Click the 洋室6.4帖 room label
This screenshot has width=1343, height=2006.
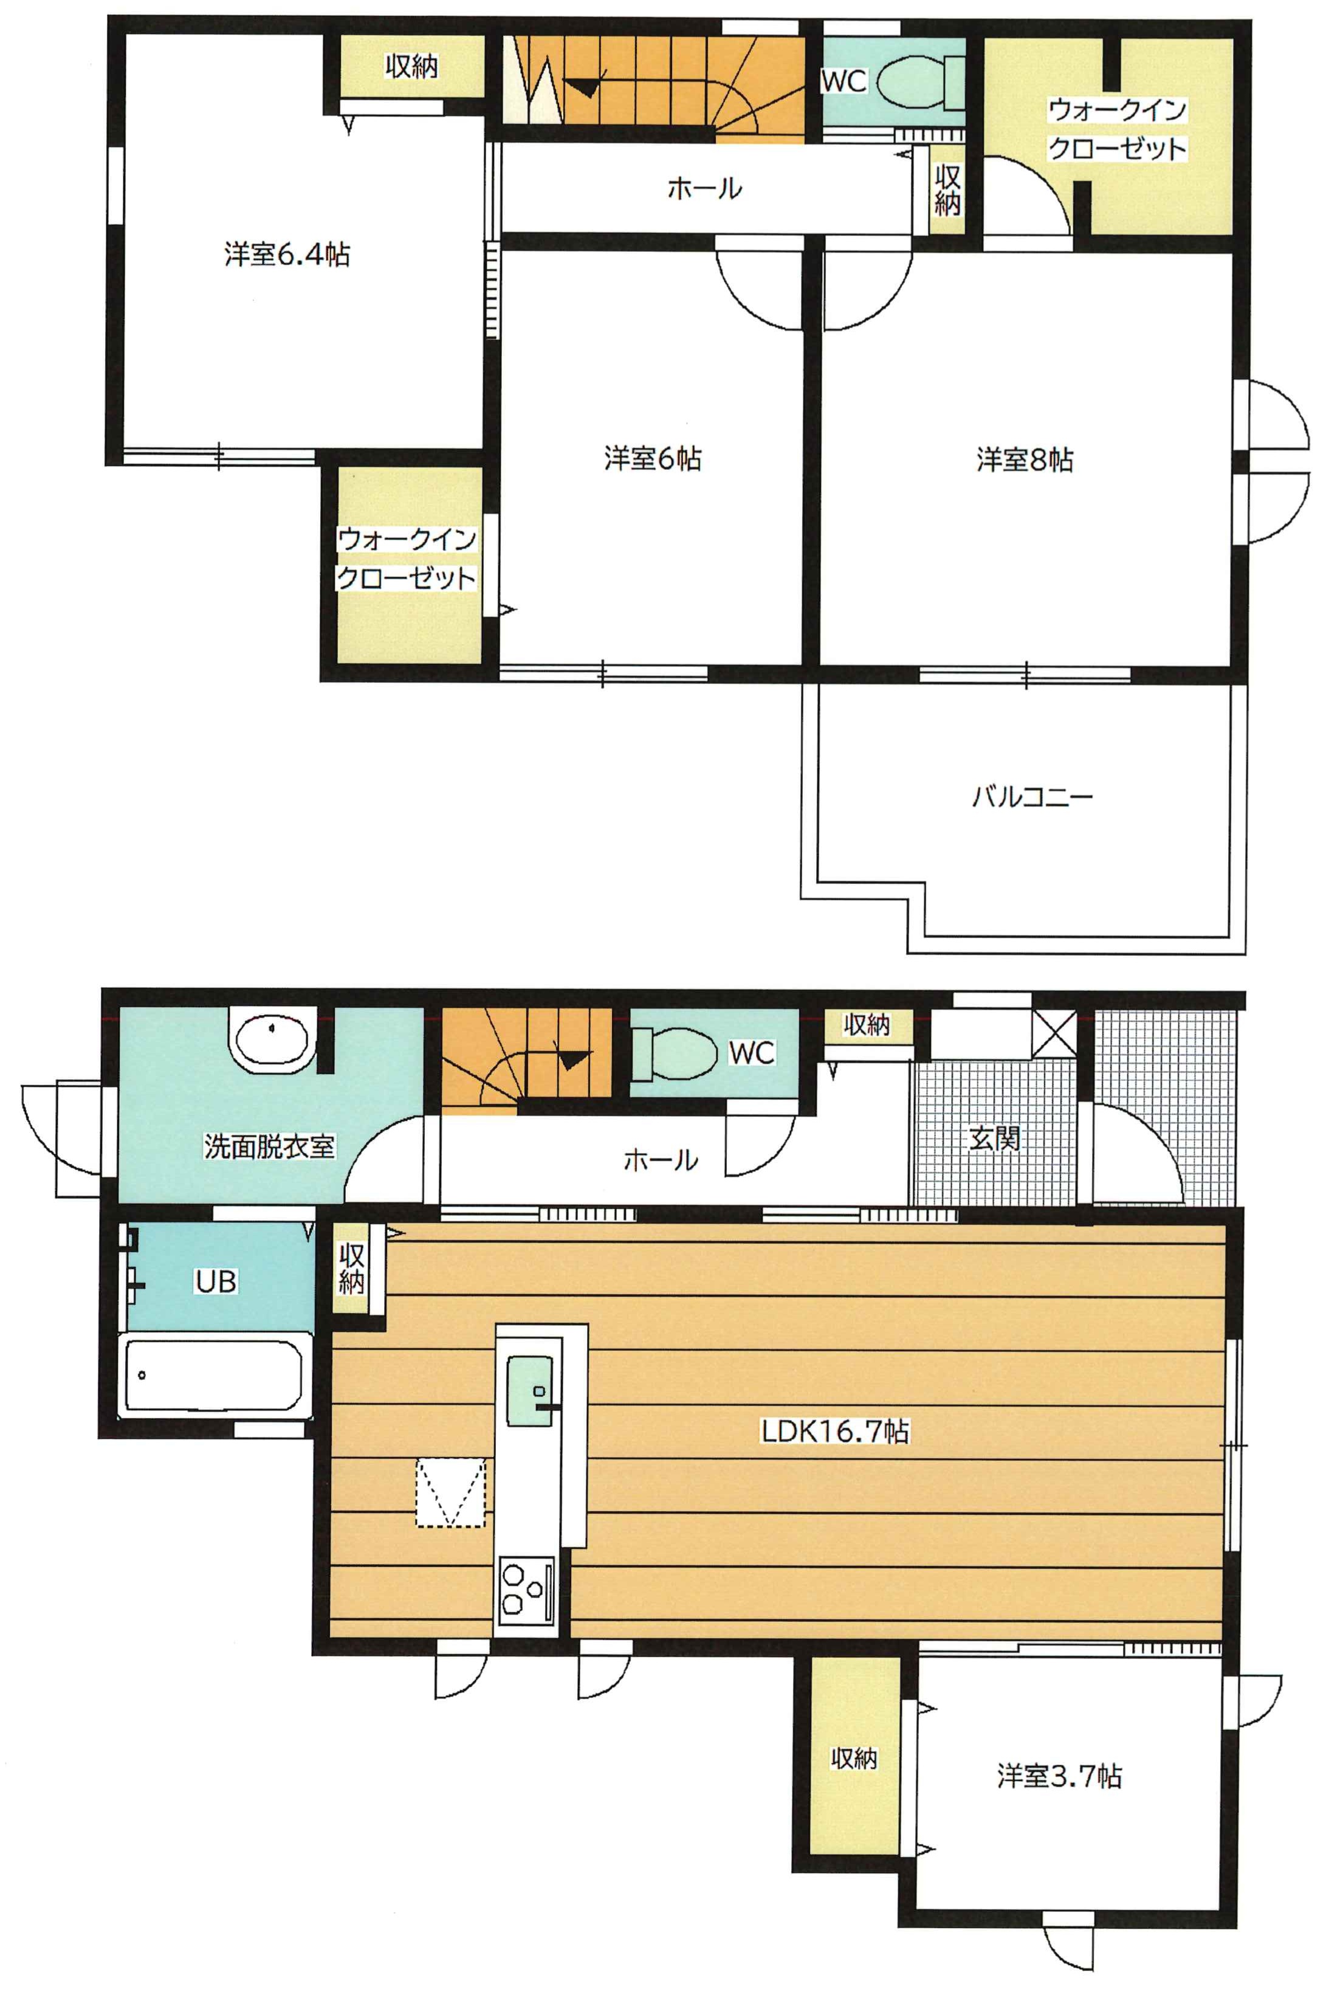tap(287, 254)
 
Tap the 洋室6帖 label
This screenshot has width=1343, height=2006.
tap(653, 459)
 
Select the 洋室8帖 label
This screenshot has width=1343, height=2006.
tap(1025, 460)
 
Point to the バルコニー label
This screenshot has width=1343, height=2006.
tap(1032, 796)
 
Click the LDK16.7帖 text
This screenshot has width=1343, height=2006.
tap(835, 1432)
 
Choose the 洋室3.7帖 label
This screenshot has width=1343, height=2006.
tap(1059, 1776)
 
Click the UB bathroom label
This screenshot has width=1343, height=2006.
tap(215, 1281)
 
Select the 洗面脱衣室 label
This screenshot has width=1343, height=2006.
tap(269, 1146)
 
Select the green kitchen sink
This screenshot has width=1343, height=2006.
tap(530, 1390)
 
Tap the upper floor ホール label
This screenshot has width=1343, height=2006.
tap(704, 188)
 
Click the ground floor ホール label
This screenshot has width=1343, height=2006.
tap(661, 1160)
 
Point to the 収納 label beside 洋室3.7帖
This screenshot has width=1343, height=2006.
tap(854, 1759)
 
